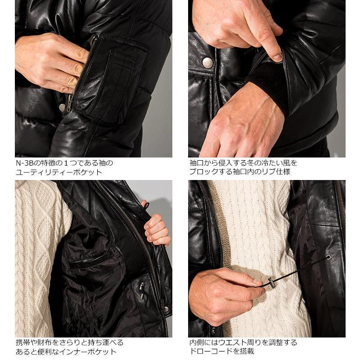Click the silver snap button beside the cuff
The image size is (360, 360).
point(207,63)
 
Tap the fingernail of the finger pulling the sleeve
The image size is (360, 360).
point(278,57)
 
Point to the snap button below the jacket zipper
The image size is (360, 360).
point(166,309)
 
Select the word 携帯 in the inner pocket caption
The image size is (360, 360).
point(22,343)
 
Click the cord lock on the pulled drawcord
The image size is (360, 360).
point(271,283)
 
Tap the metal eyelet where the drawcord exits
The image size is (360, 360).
point(328,257)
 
